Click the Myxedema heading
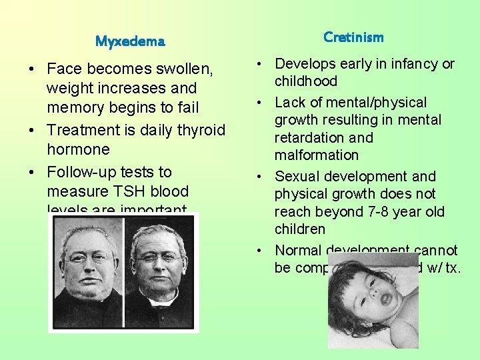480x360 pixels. [x=130, y=41]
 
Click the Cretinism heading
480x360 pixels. [x=353, y=37]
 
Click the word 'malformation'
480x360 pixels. [x=317, y=155]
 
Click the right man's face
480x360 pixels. [x=159, y=257]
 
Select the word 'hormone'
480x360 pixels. [x=78, y=149]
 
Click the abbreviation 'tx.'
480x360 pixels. [x=451, y=268]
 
